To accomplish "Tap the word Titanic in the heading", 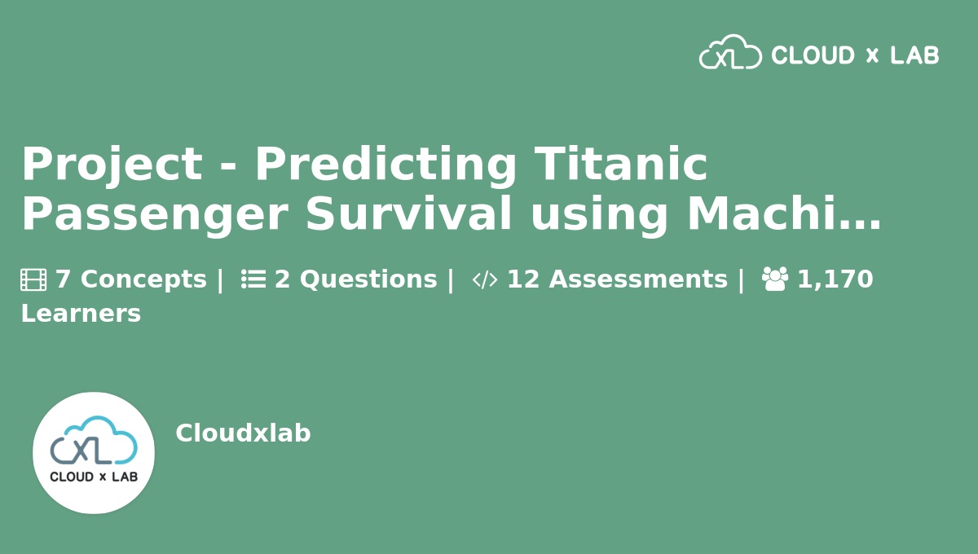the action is (x=620, y=163).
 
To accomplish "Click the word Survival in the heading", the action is (x=408, y=213).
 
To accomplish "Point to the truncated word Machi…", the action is (x=784, y=213).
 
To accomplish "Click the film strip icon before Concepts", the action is (x=33, y=279).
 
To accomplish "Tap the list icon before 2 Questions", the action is (x=253, y=279).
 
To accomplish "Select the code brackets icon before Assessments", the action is (x=485, y=279).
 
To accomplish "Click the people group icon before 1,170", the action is (x=775, y=279).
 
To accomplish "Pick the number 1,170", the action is (x=835, y=279).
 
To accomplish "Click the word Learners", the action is (x=81, y=314).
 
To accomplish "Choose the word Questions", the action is (x=368, y=279).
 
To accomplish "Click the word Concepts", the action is (x=143, y=279).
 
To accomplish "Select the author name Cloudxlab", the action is (x=243, y=433).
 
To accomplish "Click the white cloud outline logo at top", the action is (x=730, y=51).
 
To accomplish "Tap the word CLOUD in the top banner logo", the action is (x=813, y=55).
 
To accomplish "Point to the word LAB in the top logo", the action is (x=914, y=55).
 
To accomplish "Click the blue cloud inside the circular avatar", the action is (x=94, y=440).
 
